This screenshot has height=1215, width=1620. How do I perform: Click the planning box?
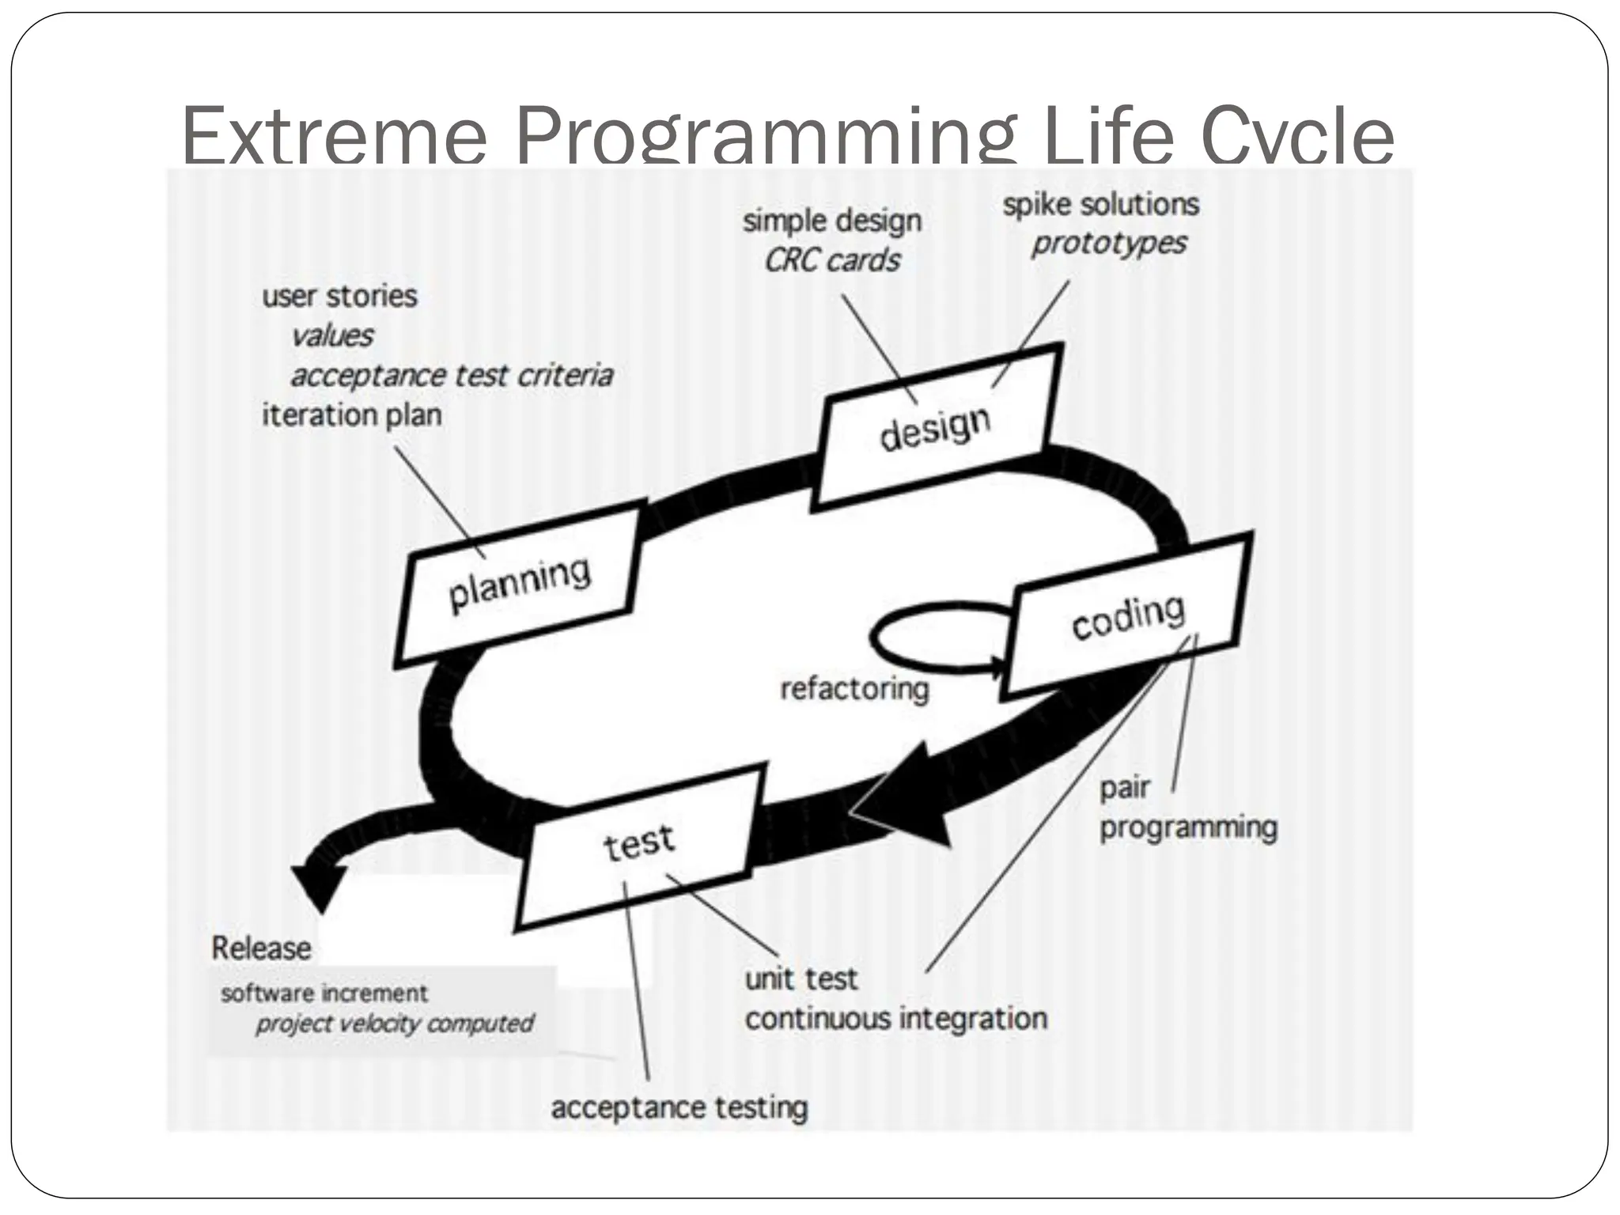point(519,585)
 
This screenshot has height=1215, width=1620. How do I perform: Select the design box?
point(936,428)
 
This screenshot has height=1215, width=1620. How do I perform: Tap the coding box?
point(1126,617)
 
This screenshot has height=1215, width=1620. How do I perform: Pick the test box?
point(638,845)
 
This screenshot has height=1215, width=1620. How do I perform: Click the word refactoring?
point(854,689)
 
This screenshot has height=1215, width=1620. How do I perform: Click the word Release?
point(261,948)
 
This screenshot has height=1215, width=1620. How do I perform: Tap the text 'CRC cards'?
point(832,260)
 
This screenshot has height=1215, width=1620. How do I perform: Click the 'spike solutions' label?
point(1101,205)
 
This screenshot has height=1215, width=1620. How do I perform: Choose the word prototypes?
point(1109,244)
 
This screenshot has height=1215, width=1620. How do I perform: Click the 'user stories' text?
point(339,296)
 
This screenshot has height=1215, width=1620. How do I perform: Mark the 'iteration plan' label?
point(351,414)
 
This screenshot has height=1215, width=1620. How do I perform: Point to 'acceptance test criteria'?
point(452,375)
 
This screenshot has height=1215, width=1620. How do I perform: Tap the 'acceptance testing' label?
point(679,1107)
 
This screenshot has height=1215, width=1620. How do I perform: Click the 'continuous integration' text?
point(896,1018)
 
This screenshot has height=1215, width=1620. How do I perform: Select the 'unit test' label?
point(801,979)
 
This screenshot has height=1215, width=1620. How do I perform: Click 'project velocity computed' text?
point(395,1024)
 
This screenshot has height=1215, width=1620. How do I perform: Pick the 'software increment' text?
point(324,993)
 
